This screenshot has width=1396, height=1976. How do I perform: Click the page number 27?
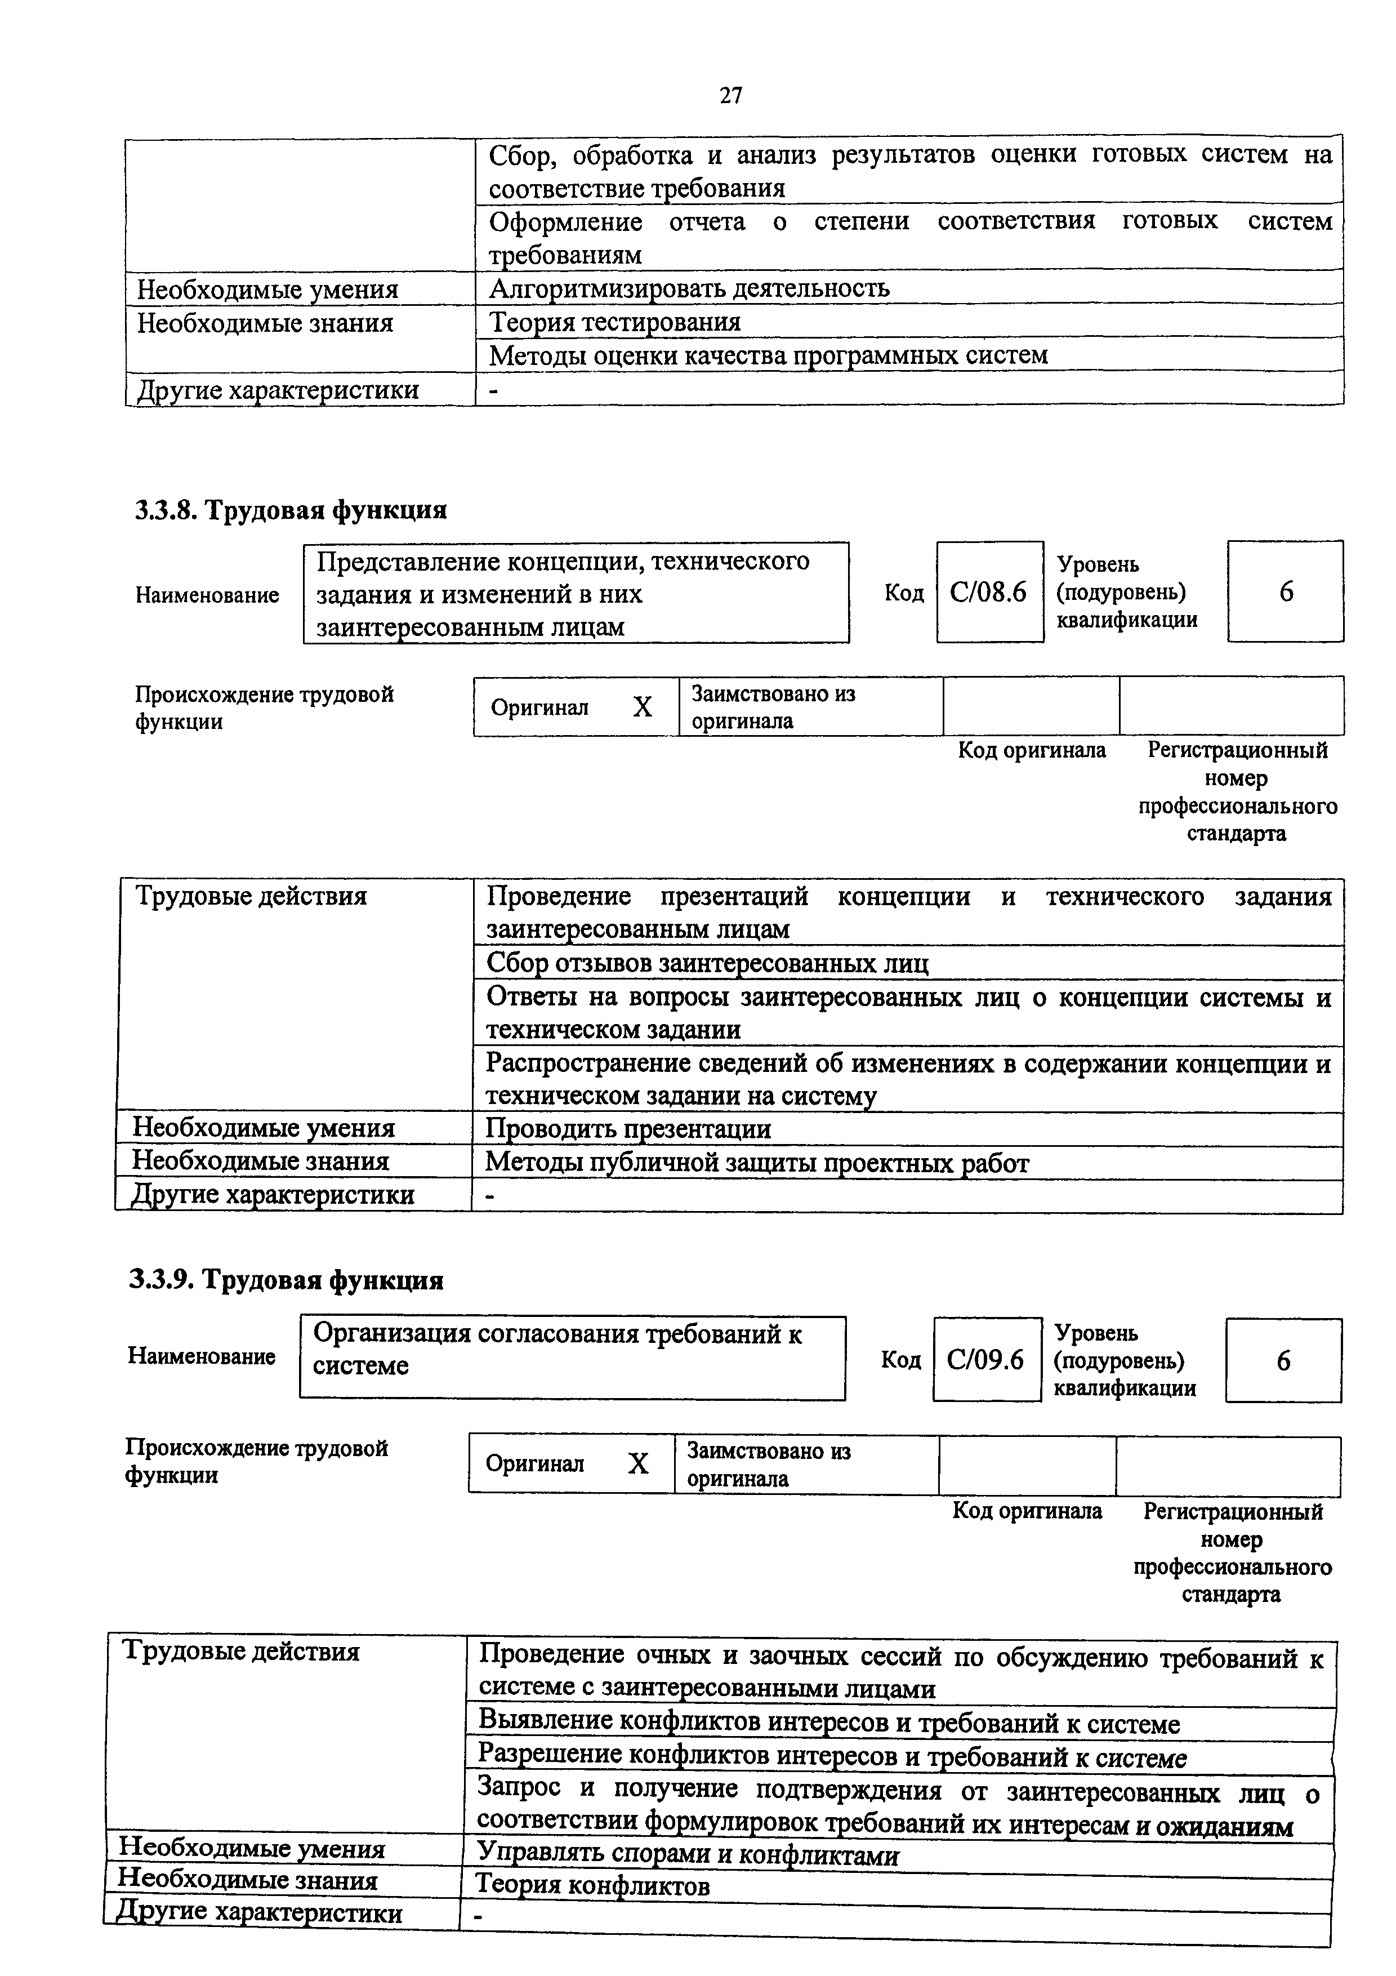(x=730, y=96)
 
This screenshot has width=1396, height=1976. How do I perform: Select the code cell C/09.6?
(x=985, y=1360)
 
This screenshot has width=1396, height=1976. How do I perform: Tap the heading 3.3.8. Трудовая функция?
(x=291, y=510)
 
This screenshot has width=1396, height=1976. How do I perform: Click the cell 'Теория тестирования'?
(x=614, y=322)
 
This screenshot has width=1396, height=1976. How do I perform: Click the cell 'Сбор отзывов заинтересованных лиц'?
(x=707, y=962)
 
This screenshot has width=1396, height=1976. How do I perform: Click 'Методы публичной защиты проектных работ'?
(x=757, y=1163)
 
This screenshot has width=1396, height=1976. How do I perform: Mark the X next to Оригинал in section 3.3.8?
(x=643, y=707)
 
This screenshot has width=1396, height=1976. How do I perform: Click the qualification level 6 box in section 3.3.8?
(x=1285, y=592)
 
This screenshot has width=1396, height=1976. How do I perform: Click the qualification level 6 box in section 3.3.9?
(x=1282, y=1361)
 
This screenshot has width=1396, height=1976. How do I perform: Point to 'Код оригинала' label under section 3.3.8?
(x=1031, y=750)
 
